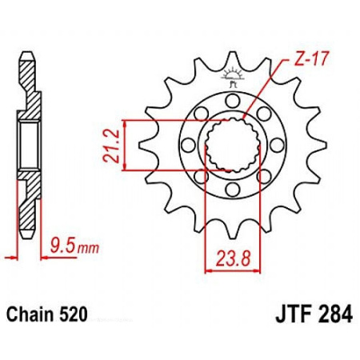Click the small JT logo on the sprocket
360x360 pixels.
coord(234,78)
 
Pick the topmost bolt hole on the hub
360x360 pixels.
coord(233,100)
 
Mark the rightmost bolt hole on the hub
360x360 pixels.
coord(278,145)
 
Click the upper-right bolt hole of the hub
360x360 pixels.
coord(264,113)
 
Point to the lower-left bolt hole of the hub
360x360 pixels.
coord(202,176)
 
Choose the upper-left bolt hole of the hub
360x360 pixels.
coord(202,113)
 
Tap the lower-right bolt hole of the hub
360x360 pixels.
coord(264,176)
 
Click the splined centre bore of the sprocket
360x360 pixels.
coord(233,145)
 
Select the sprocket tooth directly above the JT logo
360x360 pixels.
coord(233,58)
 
